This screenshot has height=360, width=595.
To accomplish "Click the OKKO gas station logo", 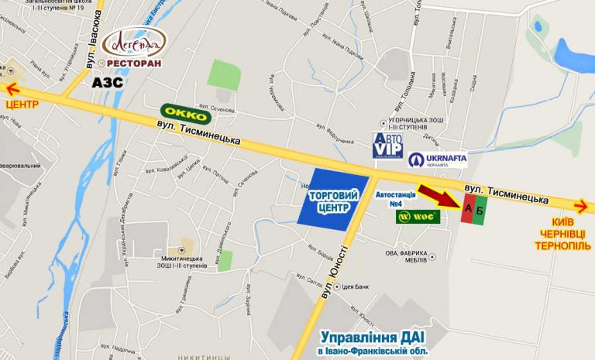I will point(187,115).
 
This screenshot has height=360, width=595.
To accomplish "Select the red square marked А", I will point(467,210).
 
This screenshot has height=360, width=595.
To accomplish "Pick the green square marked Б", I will point(480,210).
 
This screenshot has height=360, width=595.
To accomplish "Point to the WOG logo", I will point(418,217).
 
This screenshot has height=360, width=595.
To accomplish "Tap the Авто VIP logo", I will point(387,145).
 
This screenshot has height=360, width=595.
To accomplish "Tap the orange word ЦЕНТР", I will point(22,104).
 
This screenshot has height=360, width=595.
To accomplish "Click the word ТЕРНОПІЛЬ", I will point(563,246).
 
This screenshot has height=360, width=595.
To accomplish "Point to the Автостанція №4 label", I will point(401,199).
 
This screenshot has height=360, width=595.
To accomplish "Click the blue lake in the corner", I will point(574,53).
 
